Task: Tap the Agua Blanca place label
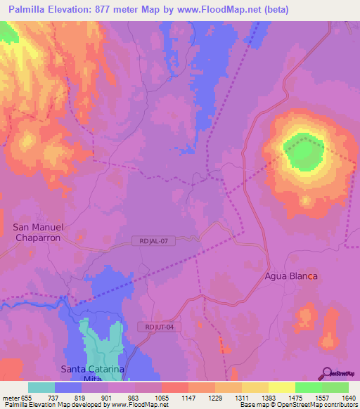click(291, 276)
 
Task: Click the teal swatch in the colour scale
click(41, 387)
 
